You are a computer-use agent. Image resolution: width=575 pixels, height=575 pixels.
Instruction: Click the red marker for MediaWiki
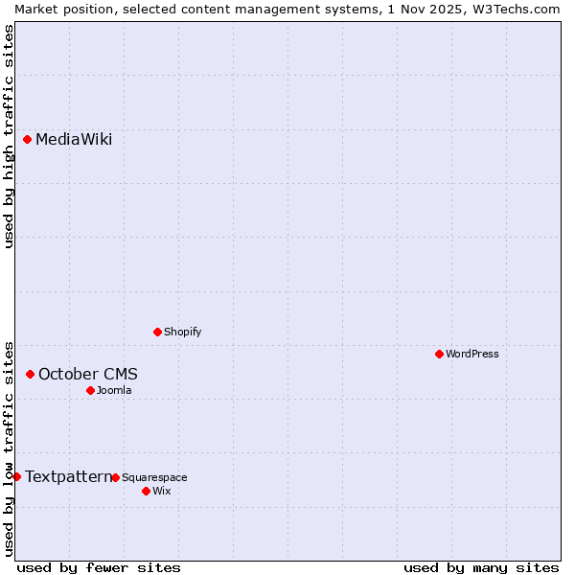pyautogui.click(x=28, y=140)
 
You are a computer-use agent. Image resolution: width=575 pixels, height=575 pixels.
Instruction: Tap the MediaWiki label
pyautogui.click(x=74, y=140)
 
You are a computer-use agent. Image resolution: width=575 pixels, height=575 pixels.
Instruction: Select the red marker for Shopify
pyautogui.click(x=157, y=333)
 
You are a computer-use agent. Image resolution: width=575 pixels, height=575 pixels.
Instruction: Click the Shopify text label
pyautogui.click(x=182, y=333)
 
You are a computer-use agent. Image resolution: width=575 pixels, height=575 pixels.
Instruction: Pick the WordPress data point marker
pyautogui.click(x=439, y=355)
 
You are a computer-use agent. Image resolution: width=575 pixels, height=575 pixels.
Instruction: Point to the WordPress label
pyautogui.click(x=471, y=355)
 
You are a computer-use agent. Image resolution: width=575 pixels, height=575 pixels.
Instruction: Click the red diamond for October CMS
pyautogui.click(x=31, y=375)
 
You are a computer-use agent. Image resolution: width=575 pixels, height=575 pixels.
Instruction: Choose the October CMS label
pyautogui.click(x=87, y=375)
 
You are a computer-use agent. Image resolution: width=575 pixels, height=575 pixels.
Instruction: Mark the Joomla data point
pyautogui.click(x=90, y=391)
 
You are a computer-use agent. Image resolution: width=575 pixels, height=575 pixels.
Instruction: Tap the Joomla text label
pyautogui.click(x=114, y=391)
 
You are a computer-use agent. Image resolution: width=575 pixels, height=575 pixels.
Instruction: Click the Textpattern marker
pyautogui.click(x=16, y=477)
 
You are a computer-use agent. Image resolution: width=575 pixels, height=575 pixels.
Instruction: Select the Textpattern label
pyautogui.click(x=68, y=477)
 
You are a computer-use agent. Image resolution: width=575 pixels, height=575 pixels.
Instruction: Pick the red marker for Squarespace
pyautogui.click(x=115, y=478)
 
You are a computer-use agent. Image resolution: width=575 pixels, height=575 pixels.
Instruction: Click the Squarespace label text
pyautogui.click(x=154, y=478)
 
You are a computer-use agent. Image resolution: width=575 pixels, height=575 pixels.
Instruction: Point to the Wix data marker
pyautogui.click(x=146, y=492)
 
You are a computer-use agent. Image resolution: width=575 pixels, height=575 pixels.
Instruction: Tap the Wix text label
pyautogui.click(x=162, y=492)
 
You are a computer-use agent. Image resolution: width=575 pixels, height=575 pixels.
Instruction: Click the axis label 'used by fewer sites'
pyautogui.click(x=99, y=567)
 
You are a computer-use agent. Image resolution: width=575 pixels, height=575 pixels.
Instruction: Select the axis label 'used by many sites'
pyautogui.click(x=481, y=567)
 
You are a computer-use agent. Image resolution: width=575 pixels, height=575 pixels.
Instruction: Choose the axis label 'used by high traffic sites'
pyautogui.click(x=9, y=136)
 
